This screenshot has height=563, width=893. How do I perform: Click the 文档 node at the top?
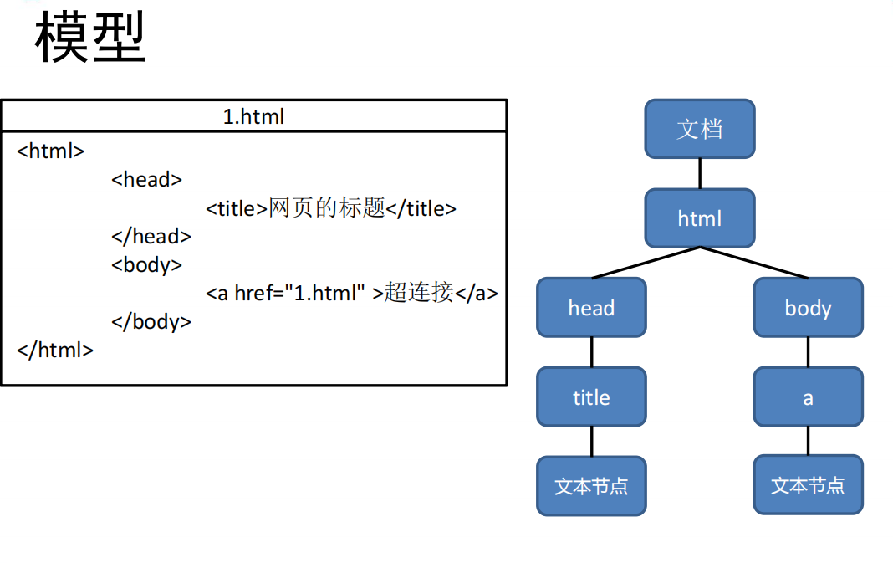(699, 129)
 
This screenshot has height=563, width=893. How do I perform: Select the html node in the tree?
(699, 218)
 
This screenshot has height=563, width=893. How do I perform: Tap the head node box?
(591, 308)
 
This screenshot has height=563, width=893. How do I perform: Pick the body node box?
(808, 308)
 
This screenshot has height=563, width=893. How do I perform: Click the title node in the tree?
(591, 397)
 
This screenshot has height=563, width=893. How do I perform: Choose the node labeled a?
(808, 397)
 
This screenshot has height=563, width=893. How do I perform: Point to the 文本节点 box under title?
(591, 486)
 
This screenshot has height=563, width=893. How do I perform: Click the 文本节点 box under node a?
(808, 486)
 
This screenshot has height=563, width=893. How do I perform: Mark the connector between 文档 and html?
(699, 173)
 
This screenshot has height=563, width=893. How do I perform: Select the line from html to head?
(646, 263)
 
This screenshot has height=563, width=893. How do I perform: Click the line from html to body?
(753, 263)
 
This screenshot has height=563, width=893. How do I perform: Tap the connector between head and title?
(591, 352)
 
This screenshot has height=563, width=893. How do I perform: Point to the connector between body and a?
(808, 352)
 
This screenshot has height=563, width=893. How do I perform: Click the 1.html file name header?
(253, 116)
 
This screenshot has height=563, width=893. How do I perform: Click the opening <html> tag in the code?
(51, 151)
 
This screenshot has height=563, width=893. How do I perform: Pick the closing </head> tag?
(151, 237)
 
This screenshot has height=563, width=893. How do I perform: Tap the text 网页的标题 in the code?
(326, 208)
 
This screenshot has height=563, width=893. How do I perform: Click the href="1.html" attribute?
(300, 294)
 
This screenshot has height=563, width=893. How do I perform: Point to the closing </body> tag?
(151, 322)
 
